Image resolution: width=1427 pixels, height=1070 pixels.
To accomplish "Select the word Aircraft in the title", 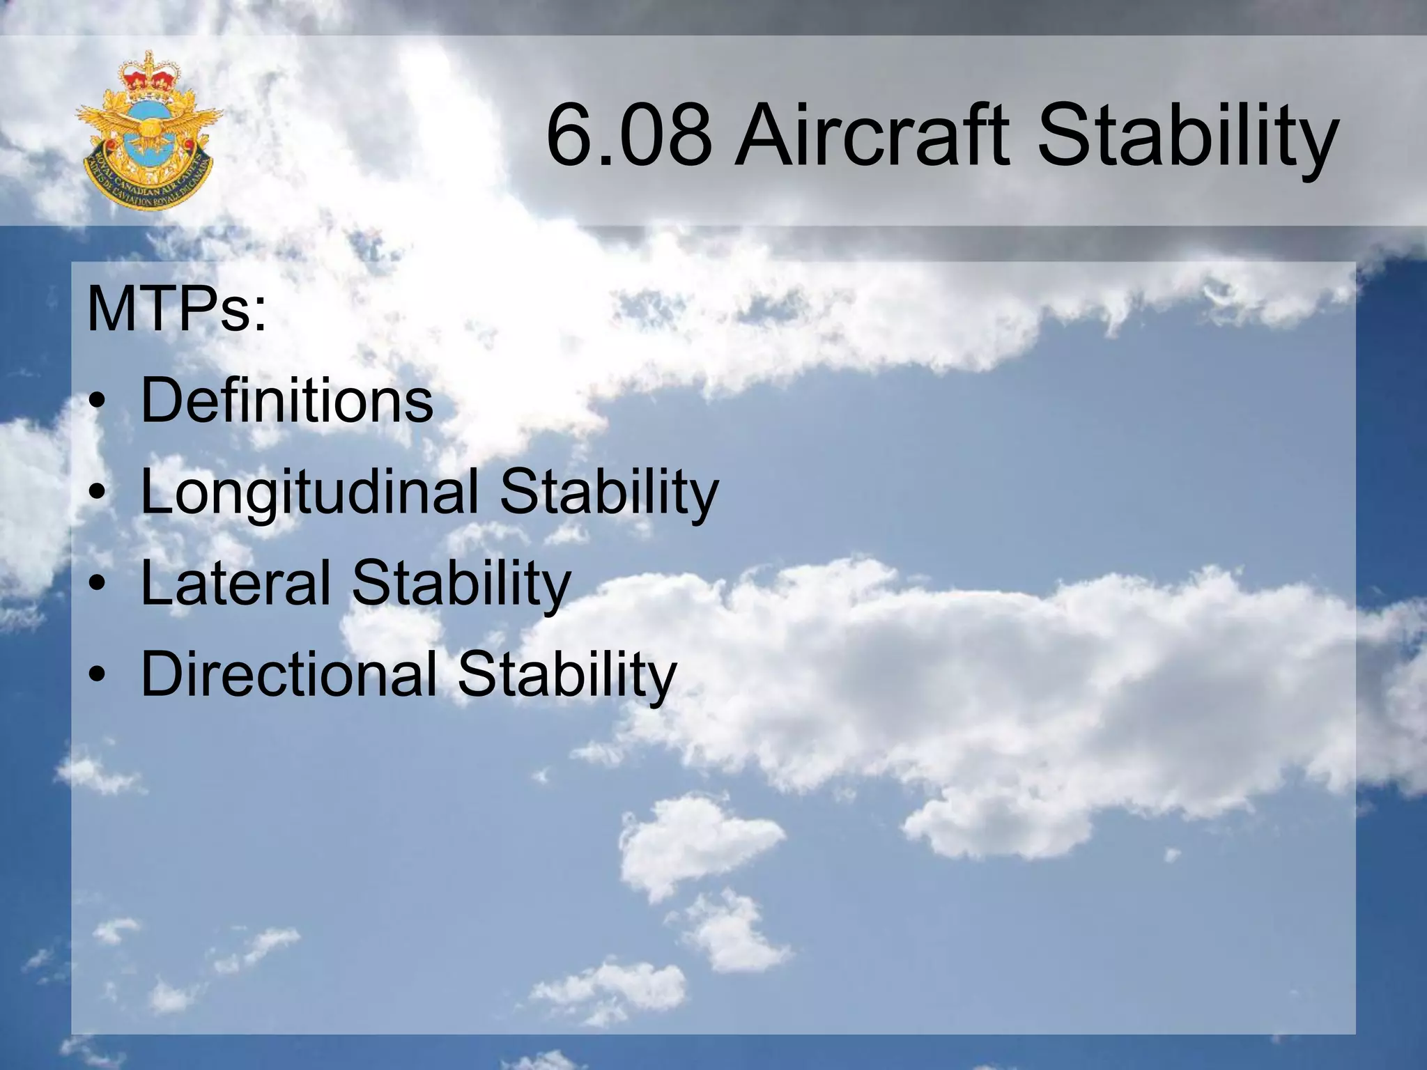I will coord(872,137).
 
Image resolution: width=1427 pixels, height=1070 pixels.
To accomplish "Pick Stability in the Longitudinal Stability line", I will coord(608,493).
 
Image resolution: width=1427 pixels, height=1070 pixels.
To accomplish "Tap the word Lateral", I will coord(236,583).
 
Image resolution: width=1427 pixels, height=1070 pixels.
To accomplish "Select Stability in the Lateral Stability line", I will coord(461,584).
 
